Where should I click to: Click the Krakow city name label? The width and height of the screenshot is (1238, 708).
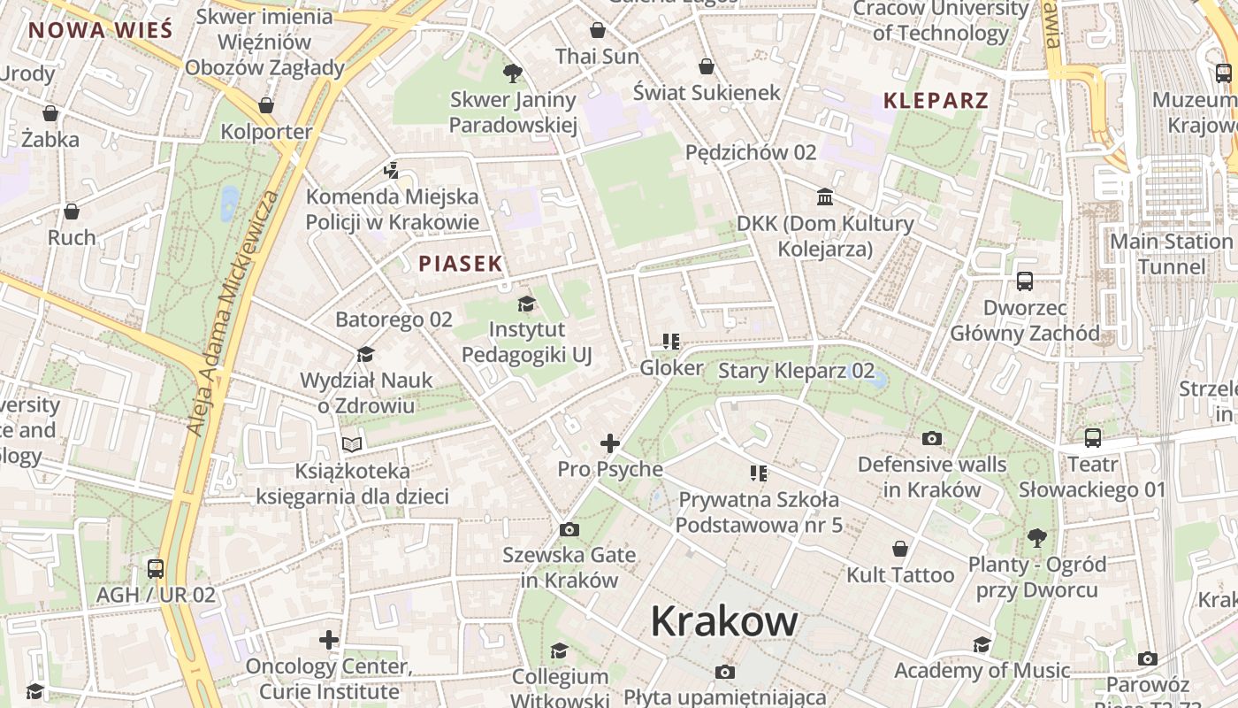click(724, 621)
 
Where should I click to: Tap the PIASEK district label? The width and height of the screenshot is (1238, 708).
click(461, 264)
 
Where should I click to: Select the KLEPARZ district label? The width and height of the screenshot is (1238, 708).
click(936, 100)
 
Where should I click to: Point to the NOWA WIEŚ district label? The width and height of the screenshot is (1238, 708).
click(100, 30)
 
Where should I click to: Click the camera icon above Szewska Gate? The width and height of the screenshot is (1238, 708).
click(569, 529)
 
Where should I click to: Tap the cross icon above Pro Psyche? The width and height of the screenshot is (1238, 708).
click(610, 443)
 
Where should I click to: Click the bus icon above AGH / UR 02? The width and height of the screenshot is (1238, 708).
click(156, 568)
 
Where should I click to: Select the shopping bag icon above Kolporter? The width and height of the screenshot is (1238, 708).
click(266, 106)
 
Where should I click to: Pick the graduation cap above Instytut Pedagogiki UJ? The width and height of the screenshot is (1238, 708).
click(527, 304)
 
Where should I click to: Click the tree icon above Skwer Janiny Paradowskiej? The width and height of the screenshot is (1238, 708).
click(512, 73)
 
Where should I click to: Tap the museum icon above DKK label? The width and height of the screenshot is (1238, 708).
click(825, 196)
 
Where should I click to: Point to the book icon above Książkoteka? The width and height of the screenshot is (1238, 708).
click(352, 444)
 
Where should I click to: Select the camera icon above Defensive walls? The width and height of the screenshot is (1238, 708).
click(931, 438)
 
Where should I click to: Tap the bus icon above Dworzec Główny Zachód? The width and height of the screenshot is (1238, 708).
click(1025, 281)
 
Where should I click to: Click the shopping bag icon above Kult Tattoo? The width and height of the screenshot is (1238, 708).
click(900, 550)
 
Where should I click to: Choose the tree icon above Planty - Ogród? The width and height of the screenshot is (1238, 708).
click(1036, 537)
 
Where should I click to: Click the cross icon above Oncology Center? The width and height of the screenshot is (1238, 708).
click(329, 639)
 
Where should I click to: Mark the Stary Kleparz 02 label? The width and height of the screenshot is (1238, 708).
click(796, 371)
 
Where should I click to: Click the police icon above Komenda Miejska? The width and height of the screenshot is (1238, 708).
click(392, 171)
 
